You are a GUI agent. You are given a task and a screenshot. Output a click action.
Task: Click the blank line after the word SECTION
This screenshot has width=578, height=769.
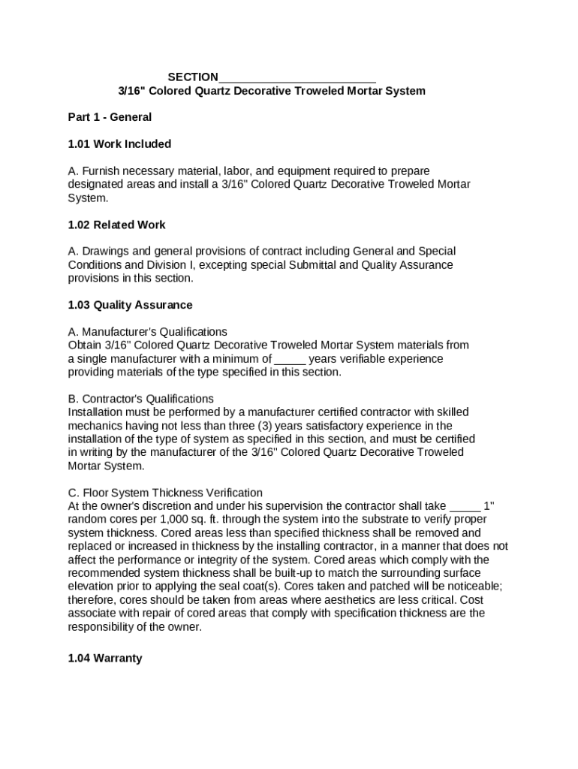pyautogui.click(x=297, y=77)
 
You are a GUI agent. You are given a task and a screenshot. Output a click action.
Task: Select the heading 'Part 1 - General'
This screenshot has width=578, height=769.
pyautogui.click(x=110, y=117)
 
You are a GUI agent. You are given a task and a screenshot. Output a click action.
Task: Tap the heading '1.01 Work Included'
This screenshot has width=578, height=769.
pyautogui.click(x=119, y=144)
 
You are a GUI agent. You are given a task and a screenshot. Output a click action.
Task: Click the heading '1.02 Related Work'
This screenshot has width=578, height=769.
pyautogui.click(x=116, y=225)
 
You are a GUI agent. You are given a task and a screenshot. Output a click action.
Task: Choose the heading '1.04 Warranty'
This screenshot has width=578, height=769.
pyautogui.click(x=104, y=659)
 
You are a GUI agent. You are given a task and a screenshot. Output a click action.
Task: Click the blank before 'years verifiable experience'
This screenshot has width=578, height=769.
pyautogui.click(x=290, y=359)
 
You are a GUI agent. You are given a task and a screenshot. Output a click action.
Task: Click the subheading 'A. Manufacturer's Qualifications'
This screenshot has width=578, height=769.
pyautogui.click(x=147, y=332)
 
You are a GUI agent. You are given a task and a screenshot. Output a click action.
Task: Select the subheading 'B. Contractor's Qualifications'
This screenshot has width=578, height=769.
pyautogui.click(x=140, y=399)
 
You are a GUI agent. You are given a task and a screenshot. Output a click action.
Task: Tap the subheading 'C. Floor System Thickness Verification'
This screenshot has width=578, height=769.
pyautogui.click(x=165, y=493)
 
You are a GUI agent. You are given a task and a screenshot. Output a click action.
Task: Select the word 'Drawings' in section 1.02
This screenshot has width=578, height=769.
pyautogui.click(x=104, y=251)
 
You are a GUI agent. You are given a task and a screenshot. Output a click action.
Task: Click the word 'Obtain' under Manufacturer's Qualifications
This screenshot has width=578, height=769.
pyautogui.click(x=84, y=345)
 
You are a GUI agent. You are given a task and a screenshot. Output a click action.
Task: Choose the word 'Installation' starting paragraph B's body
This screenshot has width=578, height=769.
pyautogui.click(x=96, y=412)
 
